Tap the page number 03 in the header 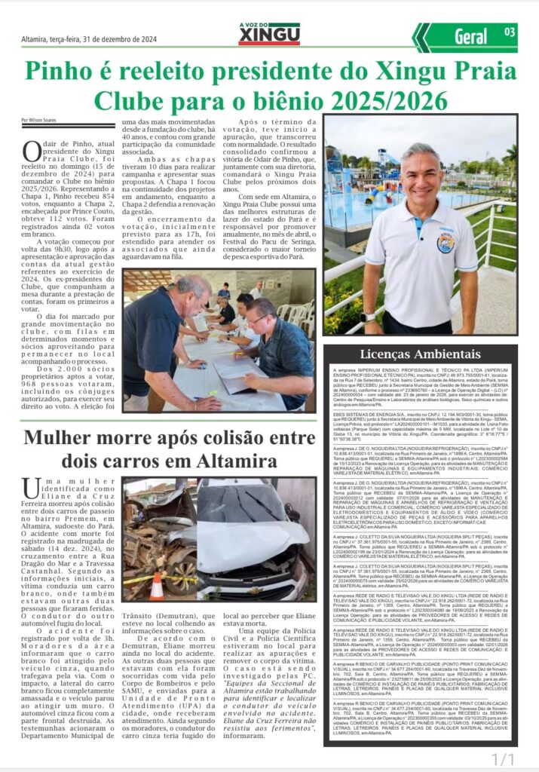point(509,32)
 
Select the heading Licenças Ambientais point(420,354)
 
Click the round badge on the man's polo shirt point(445,243)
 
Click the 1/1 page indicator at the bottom point(503,758)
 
